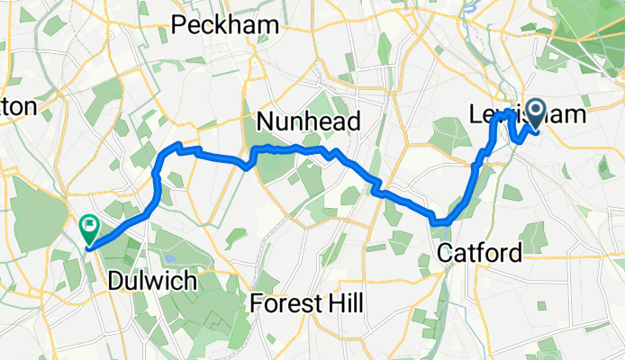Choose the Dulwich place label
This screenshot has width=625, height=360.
pyautogui.click(x=151, y=281)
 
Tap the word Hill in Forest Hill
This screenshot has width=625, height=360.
pyautogui.click(x=344, y=304)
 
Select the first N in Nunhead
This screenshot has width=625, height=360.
pyautogui.click(x=265, y=122)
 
